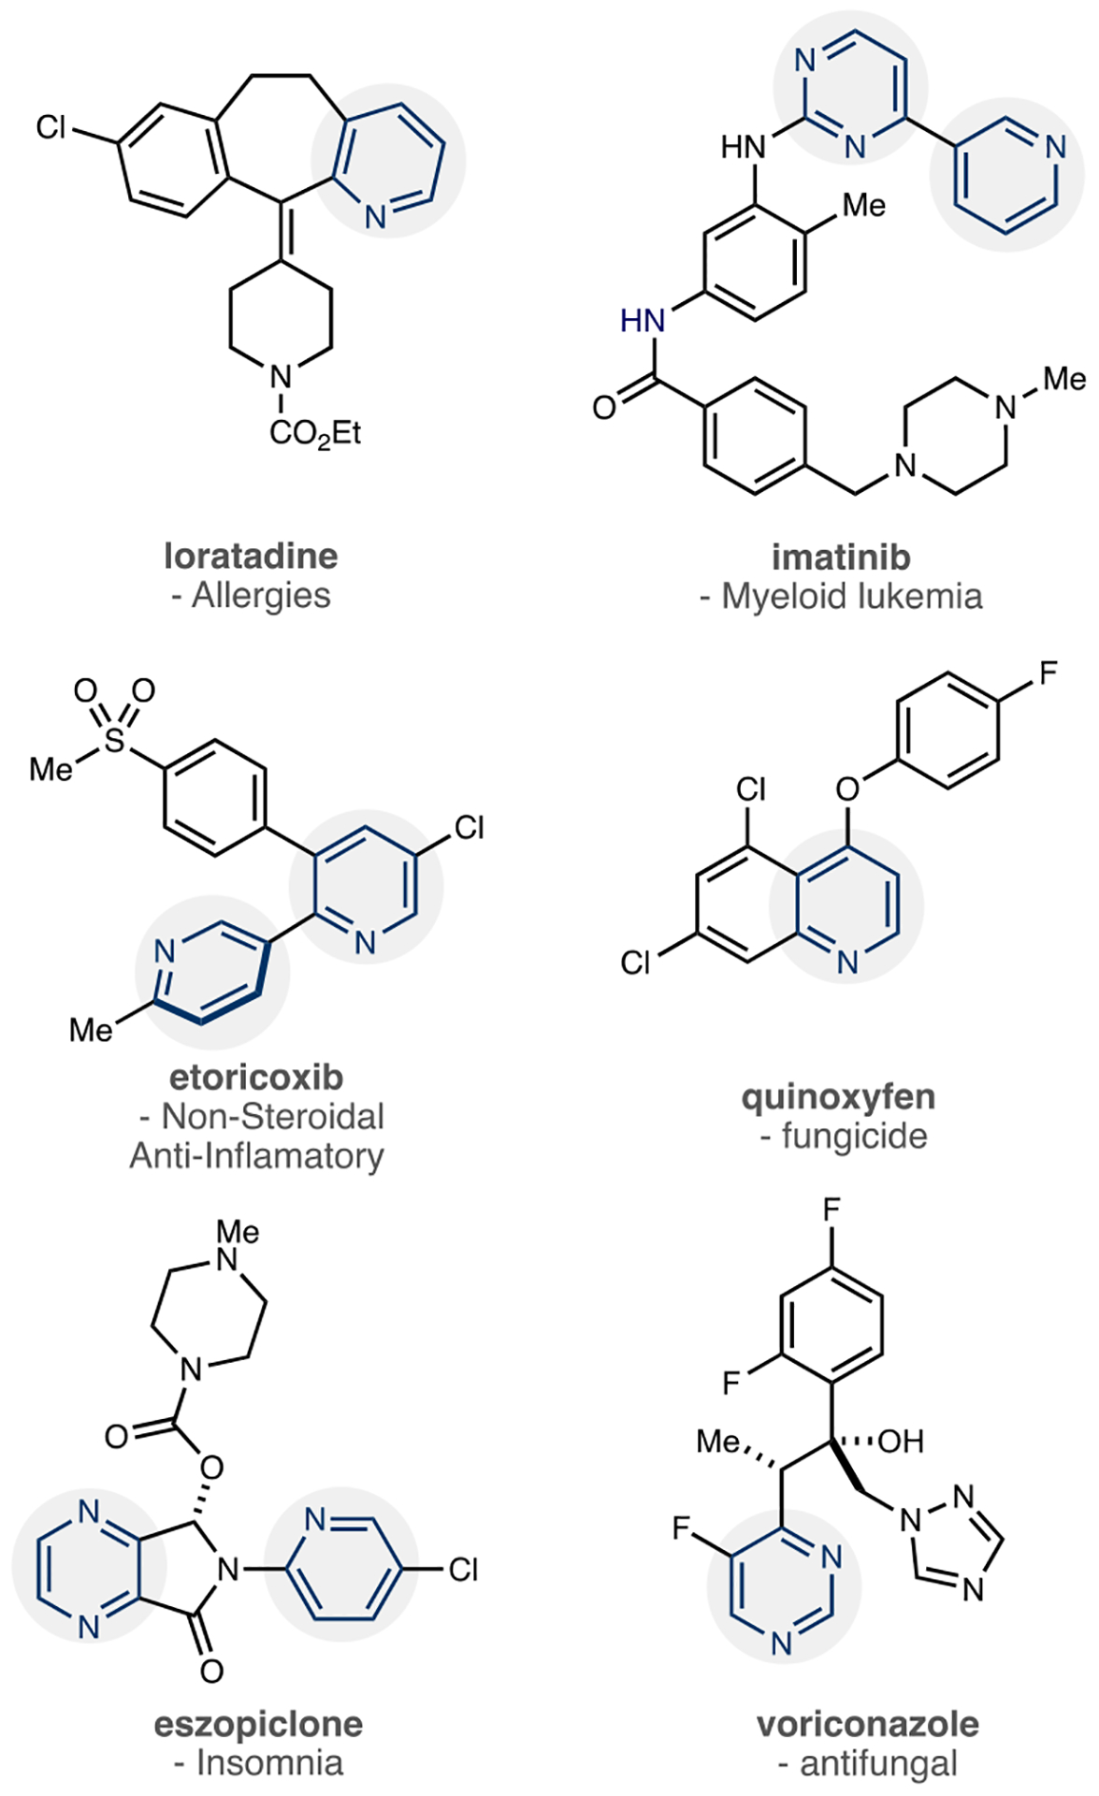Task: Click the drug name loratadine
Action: (x=251, y=556)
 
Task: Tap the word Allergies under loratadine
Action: (x=261, y=596)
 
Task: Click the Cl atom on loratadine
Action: (x=51, y=127)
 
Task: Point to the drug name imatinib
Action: (x=841, y=557)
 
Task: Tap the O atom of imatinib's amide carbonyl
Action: (x=604, y=408)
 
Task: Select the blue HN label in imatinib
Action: (x=643, y=321)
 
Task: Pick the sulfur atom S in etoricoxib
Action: (x=114, y=741)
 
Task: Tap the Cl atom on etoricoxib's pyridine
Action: (x=469, y=828)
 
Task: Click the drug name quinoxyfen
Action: (x=838, y=1096)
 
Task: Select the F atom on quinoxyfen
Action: (x=1048, y=673)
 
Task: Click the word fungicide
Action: (x=854, y=1137)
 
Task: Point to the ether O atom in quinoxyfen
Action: (x=847, y=789)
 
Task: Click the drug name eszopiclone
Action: (x=258, y=1723)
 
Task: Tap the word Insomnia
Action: (x=269, y=1763)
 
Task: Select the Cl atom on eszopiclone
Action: (x=464, y=1569)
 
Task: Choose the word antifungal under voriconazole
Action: (x=878, y=1763)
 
